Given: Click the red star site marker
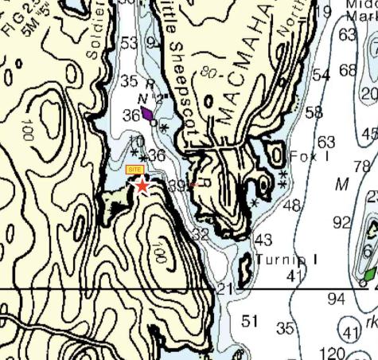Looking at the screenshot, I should pos(142,186).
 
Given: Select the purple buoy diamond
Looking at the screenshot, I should pos(149,117).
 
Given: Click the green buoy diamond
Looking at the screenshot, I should pos(370,272).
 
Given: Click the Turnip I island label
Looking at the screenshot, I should pos(287,260).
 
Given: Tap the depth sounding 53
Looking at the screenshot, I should pos(130,42).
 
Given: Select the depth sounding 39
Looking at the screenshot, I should pos(177,186).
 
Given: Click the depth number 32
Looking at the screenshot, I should pos(201,235).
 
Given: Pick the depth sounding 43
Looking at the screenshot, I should pos(263,240).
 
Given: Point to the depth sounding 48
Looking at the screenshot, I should pos(292,205).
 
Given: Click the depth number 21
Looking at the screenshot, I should pos(225,288).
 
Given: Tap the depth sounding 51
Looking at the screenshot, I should pos(251,321).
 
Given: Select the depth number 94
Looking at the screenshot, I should pos(336,299).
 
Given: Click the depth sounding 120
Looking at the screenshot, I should pos(332,353).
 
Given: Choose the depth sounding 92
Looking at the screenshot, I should pos(342,221).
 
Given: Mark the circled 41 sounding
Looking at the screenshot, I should pos(351,331).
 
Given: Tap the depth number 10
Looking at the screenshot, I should pos(136,142).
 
